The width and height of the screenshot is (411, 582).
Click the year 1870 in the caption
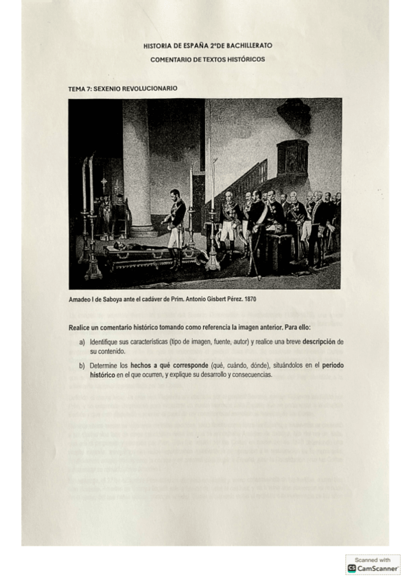click(x=247, y=300)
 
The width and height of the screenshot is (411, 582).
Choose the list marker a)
click(x=82, y=341)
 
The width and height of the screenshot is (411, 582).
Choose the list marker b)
click(x=82, y=365)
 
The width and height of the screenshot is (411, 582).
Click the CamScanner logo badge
click(x=373, y=564)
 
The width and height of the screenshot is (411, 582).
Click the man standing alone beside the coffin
click(x=176, y=220)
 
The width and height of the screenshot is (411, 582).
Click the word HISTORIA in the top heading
click(x=158, y=45)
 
